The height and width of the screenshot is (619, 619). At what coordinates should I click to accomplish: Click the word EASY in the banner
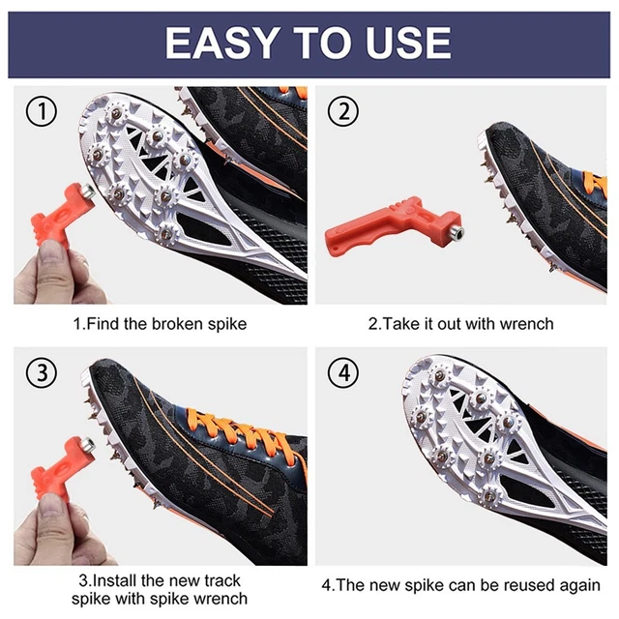point(220,43)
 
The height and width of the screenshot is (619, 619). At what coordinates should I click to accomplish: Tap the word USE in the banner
point(408,43)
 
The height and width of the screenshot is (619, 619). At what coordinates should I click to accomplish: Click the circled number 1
point(42,111)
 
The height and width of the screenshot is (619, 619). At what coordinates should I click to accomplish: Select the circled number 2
point(343,111)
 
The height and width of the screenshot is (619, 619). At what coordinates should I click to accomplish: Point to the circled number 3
point(42,372)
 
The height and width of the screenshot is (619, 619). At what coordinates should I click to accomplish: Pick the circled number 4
point(343,372)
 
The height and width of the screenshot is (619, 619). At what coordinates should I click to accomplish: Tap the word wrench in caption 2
point(526,324)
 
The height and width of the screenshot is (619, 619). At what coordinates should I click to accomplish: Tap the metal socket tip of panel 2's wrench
point(458,233)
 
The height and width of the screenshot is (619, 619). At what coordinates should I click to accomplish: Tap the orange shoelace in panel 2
point(594,184)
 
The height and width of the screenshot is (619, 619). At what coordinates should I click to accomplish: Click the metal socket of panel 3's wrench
point(88,445)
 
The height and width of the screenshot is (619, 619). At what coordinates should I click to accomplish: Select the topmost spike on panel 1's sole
point(116,114)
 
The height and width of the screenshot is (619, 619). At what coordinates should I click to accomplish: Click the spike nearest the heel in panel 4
point(490,495)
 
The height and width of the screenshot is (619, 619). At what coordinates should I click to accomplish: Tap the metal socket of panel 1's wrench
point(88,192)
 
